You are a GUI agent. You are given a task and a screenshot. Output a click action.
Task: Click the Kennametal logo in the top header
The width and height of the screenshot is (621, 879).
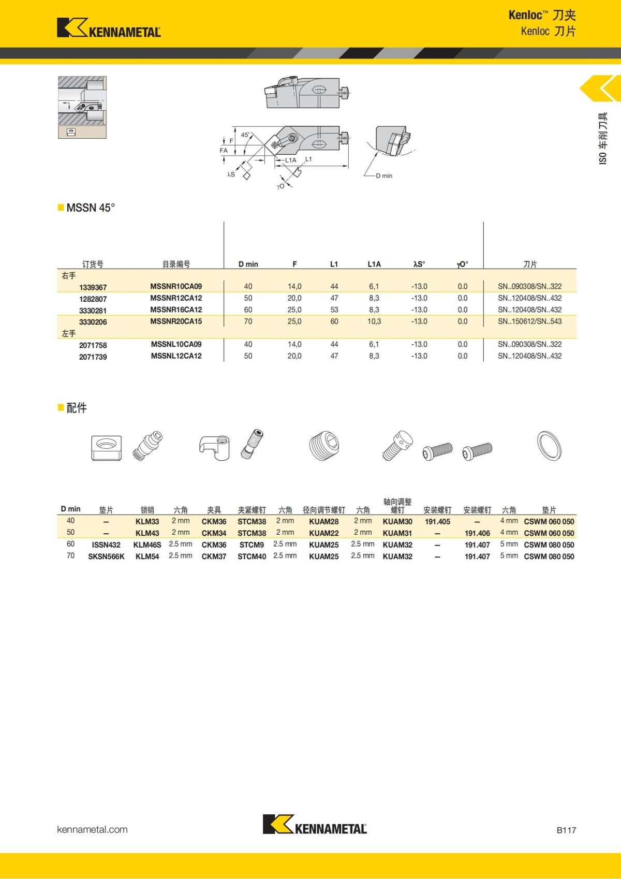pos(109,28)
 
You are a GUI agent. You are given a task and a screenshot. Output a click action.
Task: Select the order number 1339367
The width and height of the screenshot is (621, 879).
pos(93,287)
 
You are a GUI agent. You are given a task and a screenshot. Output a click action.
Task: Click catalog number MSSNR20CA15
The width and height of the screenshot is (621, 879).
pos(176,321)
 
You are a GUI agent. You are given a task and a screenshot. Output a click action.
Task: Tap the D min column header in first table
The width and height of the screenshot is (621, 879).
pos(248,264)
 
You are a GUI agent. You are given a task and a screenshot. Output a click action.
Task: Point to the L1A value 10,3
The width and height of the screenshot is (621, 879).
pos(374,321)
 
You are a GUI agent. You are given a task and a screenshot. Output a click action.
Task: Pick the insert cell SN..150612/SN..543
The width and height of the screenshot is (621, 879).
pos(529,321)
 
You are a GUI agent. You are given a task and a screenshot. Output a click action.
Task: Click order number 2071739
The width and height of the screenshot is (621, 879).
pos(93,357)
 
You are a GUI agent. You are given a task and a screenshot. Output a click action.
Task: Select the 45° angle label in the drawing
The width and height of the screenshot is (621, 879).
pos(245,135)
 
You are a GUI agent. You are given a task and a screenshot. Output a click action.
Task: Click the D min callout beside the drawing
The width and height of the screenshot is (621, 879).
pos(384,176)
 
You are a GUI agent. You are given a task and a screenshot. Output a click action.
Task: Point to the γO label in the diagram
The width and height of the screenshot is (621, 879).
pos(280,187)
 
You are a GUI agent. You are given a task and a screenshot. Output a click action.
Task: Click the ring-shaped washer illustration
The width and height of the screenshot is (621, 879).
pos(549,445)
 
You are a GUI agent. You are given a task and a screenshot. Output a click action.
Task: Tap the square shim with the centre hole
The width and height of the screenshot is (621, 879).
pos(107,448)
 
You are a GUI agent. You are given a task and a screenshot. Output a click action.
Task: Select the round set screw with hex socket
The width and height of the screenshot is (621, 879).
pos(324,445)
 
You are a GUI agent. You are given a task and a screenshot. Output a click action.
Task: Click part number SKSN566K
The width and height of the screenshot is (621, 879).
pos(106,556)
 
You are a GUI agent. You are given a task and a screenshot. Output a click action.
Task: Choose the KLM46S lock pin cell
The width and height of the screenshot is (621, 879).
pos(147,545)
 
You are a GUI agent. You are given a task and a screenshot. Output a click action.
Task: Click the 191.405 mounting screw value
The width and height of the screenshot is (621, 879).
pos(437,522)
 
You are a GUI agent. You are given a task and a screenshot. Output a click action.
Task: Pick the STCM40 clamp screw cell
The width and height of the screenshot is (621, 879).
pos(252,556)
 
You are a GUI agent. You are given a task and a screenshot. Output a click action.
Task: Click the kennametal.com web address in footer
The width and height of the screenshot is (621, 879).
pos(92,829)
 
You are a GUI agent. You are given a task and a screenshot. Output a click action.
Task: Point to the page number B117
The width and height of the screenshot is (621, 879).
pos(566,830)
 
